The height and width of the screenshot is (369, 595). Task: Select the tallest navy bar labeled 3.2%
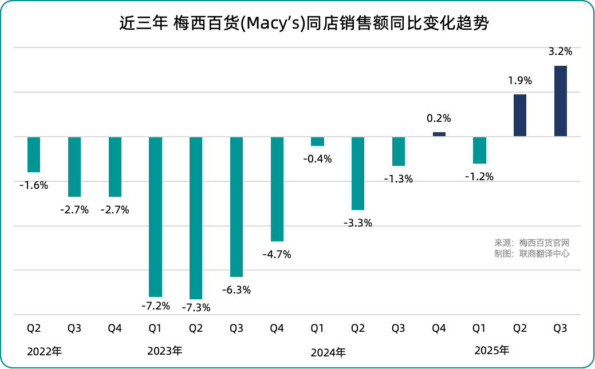point(561,101)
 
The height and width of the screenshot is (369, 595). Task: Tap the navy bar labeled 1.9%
point(520,116)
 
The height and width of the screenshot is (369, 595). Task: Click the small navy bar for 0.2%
point(439,134)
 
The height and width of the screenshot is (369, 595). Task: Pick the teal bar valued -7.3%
point(196,217)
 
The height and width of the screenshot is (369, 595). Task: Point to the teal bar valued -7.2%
point(155,216)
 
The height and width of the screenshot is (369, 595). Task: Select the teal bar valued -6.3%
point(237,207)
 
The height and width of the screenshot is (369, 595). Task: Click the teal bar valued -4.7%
point(277,189)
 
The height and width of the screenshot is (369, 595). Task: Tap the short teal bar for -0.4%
point(317,141)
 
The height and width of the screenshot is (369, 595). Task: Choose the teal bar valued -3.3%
point(358,173)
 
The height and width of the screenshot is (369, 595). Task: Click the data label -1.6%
point(34,185)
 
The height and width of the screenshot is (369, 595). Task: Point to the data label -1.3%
point(398,179)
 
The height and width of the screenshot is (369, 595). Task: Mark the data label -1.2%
point(479,177)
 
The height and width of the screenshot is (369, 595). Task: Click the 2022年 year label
point(44,352)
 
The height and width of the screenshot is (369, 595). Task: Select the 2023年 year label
point(164,351)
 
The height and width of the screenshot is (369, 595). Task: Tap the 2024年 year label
point(328,352)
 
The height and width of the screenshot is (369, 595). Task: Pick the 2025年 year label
point(491,350)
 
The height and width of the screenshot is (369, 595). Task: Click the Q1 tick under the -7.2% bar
point(155,328)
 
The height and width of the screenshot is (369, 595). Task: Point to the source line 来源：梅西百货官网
point(532,243)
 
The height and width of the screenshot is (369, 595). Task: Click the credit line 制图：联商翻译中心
point(532,253)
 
